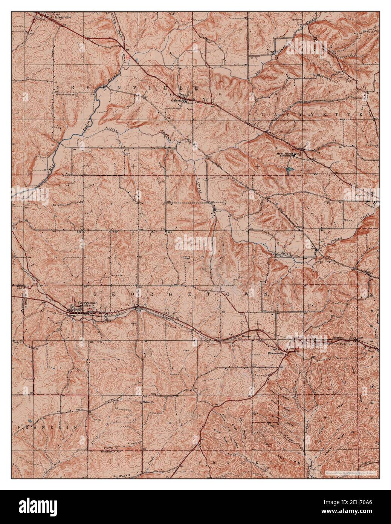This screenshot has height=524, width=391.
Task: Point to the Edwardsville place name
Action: point(274,354)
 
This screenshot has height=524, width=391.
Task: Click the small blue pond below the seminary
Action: point(289,171)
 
